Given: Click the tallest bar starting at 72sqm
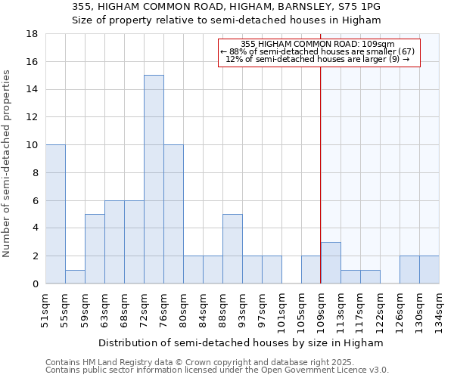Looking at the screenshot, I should pos(154,179).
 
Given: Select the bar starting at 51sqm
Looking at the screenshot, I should pos(55,214).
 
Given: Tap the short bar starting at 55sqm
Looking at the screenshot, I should pos(75,277).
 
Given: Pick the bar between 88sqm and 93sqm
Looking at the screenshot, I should pos(232,249).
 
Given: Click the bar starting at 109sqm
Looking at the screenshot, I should pos(331,262).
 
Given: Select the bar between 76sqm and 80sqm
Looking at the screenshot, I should pos(173,214).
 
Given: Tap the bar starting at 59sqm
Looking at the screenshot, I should pos(95,249).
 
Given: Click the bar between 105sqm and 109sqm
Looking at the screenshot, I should pos(311,270).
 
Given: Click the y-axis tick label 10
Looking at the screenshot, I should pos(33,145).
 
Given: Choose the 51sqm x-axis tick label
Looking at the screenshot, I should pos(45,308).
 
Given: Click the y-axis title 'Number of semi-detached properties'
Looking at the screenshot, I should pos(8,163).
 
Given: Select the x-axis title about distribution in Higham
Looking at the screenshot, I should pos(242,342).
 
